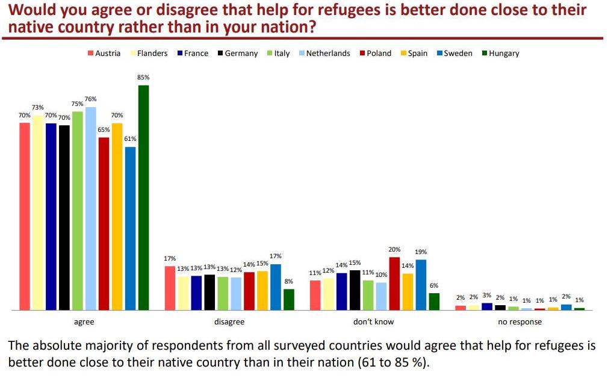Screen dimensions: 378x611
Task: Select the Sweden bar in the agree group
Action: click(130, 228)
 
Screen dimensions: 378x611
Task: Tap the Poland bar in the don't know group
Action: click(394, 283)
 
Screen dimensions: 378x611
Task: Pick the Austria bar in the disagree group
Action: click(170, 288)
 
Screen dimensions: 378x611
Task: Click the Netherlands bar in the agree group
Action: click(90, 208)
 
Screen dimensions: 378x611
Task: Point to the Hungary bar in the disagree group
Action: click(289, 299)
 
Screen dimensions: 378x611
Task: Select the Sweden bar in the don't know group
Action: click(421, 285)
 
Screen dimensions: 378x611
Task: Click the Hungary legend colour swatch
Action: click(485, 53)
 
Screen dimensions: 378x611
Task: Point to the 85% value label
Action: click(143, 78)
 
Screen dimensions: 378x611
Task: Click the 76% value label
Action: click(90, 99)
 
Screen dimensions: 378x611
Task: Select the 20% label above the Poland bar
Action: click(394, 250)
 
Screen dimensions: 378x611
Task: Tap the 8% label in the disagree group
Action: click(289, 281)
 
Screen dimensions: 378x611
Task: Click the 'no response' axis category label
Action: click(520, 322)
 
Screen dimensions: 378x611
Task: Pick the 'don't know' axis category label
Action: click(373, 322)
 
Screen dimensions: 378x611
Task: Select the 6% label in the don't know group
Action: click(434, 286)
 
